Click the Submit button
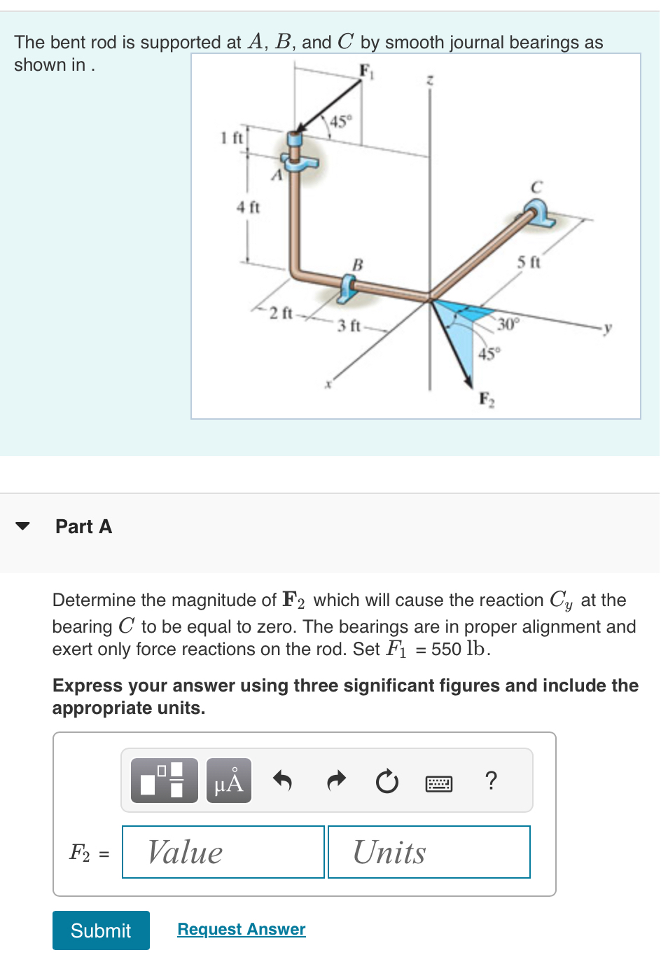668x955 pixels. tap(101, 930)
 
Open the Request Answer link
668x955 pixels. tap(241, 929)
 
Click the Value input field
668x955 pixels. tap(223, 852)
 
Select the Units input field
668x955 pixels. tap(429, 852)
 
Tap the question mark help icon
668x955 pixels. tap(491, 780)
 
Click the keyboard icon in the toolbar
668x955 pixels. tap(439, 783)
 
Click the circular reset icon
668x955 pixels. tap(387, 781)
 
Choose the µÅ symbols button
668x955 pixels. tap(229, 781)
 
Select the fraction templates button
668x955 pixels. tap(165, 781)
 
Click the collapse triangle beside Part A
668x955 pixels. tap(23, 526)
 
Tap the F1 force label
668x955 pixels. tap(366, 71)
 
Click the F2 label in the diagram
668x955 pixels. tap(487, 399)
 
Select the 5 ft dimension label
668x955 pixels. tap(529, 262)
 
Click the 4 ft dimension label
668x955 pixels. tap(248, 207)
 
